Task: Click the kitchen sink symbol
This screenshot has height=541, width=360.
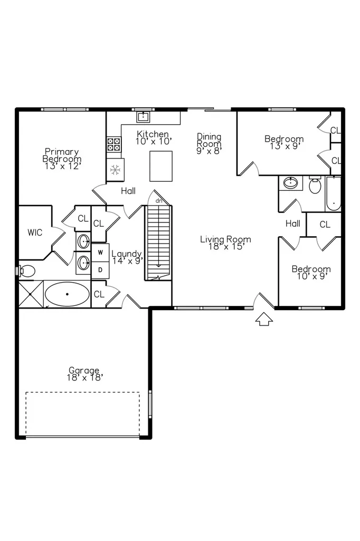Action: tap(143, 117)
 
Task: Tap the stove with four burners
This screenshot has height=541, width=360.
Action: tap(114, 144)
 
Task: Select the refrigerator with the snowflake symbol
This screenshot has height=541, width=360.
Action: tap(115, 170)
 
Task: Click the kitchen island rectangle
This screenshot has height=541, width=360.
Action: tap(161, 166)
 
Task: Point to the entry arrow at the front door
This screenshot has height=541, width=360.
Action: tap(264, 319)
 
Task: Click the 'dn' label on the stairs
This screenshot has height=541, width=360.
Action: tap(158, 201)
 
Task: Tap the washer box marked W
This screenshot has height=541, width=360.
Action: tap(100, 253)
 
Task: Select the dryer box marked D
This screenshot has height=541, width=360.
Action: tap(100, 270)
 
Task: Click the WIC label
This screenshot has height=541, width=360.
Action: tap(35, 232)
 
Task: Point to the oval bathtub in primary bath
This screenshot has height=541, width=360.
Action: tap(67, 294)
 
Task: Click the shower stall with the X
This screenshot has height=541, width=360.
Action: tap(31, 294)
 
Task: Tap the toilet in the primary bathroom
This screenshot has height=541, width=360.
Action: tap(26, 271)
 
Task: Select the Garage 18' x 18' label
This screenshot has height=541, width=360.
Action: tap(85, 374)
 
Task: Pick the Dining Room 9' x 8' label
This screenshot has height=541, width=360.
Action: tap(209, 144)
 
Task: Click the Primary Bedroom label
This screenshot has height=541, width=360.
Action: tap(62, 158)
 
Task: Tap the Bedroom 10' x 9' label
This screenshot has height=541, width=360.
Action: tap(311, 273)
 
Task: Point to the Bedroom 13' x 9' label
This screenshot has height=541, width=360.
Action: tap(284, 142)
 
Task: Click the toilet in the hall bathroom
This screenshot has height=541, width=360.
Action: tap(315, 184)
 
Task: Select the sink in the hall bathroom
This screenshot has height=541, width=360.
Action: tap(291, 183)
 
